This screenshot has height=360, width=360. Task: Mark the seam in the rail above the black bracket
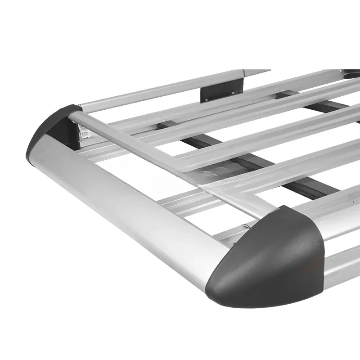coord(243,73)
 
